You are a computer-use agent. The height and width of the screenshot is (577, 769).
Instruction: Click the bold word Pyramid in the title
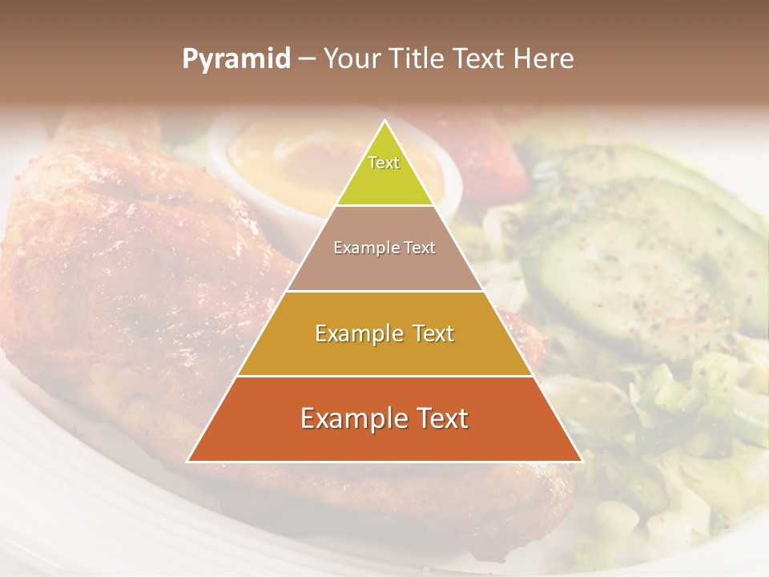click(x=236, y=59)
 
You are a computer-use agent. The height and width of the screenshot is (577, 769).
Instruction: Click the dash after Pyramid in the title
click(x=306, y=59)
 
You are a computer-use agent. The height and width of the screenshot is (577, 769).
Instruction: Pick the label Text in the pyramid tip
click(x=384, y=163)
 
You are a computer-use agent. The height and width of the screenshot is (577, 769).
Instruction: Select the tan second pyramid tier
click(x=384, y=264)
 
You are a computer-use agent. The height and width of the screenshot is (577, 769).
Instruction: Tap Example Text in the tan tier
click(x=384, y=248)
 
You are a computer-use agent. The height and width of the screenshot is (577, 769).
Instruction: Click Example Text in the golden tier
click(x=384, y=333)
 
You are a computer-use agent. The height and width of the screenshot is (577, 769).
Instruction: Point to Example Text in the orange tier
click(x=384, y=418)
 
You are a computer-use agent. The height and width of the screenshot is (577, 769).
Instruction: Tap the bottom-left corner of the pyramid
click(x=188, y=462)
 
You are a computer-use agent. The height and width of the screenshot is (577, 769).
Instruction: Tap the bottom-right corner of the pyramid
click(x=582, y=462)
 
